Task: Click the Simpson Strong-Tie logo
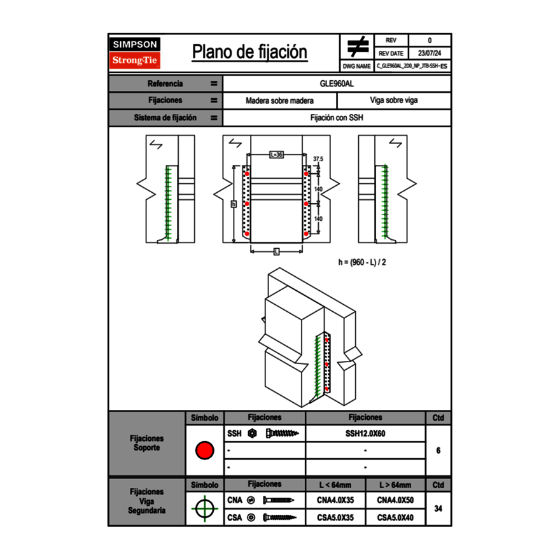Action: click(x=136, y=53)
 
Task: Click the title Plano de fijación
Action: click(x=249, y=52)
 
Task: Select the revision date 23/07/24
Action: click(x=430, y=53)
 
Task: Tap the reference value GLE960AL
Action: click(x=337, y=83)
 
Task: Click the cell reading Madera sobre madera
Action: click(x=280, y=101)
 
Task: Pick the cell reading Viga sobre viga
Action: click(x=394, y=101)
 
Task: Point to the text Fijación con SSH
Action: click(x=337, y=118)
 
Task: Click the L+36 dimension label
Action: click(x=276, y=155)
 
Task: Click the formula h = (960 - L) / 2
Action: click(x=361, y=262)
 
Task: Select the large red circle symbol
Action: click(x=204, y=451)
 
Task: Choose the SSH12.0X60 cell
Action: click(x=365, y=433)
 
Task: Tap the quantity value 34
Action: click(x=438, y=508)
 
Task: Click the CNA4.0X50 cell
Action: click(x=395, y=500)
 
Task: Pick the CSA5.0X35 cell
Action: click(x=335, y=518)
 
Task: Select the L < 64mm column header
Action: click(x=335, y=485)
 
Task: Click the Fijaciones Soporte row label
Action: click(x=147, y=443)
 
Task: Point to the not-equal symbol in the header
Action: click(x=358, y=46)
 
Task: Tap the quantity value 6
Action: click(x=438, y=451)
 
